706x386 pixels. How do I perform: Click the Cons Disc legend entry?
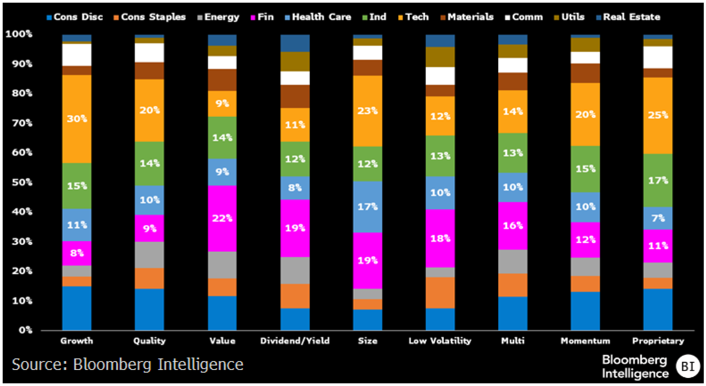pos(75,17)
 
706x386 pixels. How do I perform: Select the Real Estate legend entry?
pos(628,17)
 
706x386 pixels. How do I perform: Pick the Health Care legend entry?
pos(318,17)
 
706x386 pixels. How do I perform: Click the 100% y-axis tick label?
pos(19,34)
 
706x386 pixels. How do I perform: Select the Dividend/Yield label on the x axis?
pos(295,341)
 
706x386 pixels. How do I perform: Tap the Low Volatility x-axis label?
pos(440,341)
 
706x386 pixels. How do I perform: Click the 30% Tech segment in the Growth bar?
pos(77,119)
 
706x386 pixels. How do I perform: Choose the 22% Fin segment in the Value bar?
pos(222,218)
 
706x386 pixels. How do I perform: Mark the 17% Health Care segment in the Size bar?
pos(367,207)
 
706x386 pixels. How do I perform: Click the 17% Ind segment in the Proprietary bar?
pos(658,181)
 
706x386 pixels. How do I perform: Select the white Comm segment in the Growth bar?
pos(77,55)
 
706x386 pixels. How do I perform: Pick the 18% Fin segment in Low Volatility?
pos(440,238)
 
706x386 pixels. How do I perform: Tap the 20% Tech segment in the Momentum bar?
pos(585,115)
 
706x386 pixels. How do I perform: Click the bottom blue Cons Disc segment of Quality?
pos(149,309)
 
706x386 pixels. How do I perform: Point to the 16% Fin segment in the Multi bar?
pos(513,226)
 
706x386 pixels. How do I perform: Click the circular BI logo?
pos(687,366)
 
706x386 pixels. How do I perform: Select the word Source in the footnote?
pos(38,365)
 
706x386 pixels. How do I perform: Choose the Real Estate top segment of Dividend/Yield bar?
pos(295,43)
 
